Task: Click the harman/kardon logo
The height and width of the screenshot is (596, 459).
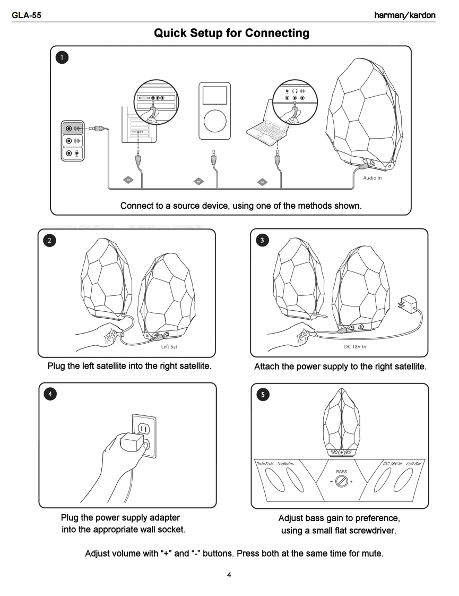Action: (x=404, y=15)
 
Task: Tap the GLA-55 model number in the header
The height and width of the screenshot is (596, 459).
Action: (x=27, y=15)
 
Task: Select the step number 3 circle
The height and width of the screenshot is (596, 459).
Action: (x=262, y=240)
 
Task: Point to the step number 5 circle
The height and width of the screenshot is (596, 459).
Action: (x=263, y=395)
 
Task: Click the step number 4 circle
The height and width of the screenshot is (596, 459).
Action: (x=50, y=394)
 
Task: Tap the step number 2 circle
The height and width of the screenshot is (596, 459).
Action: (x=49, y=240)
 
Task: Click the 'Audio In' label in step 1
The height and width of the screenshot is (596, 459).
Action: (x=372, y=178)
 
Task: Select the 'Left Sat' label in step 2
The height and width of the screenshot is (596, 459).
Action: (x=169, y=347)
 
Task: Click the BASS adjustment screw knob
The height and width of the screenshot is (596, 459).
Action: (x=342, y=481)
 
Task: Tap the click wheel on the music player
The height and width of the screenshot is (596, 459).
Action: (x=214, y=121)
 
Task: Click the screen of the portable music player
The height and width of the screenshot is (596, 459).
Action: (x=214, y=96)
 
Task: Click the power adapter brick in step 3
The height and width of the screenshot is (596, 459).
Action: (x=409, y=302)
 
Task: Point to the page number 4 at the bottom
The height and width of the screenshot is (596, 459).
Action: (x=229, y=574)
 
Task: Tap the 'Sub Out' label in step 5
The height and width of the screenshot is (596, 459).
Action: (x=265, y=464)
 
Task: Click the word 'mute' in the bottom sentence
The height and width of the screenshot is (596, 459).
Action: (x=371, y=554)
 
